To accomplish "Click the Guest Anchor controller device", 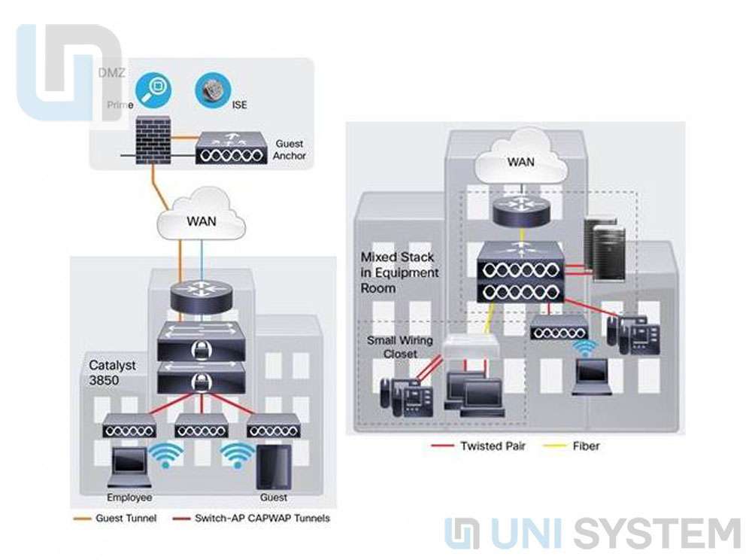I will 230,148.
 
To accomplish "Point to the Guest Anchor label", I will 289,149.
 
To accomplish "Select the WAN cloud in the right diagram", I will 521,162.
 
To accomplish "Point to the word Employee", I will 129,498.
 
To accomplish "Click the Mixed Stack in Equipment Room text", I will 398,272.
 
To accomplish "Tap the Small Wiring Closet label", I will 400,347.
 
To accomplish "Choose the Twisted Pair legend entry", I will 493,446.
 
